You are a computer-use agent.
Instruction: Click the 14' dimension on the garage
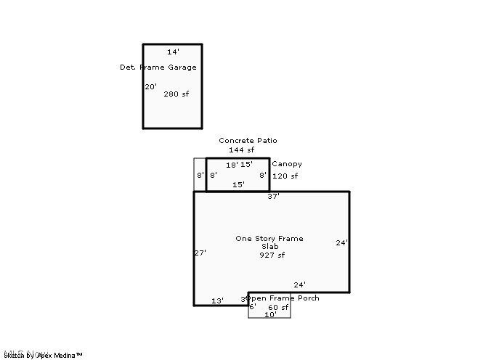point(173,52)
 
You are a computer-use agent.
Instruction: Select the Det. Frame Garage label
point(158,67)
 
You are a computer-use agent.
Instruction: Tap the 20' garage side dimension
point(151,86)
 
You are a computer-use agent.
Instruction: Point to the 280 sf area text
point(176,94)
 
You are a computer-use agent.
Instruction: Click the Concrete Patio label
point(248,141)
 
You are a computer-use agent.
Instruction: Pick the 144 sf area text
point(242,150)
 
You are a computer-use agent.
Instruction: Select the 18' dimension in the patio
point(232,165)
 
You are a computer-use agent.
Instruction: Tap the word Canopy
point(287,164)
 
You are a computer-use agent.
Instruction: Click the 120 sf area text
point(285,176)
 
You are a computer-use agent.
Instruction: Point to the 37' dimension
point(273,197)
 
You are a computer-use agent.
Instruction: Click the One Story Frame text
point(269,239)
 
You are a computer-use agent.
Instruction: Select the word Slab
point(269,247)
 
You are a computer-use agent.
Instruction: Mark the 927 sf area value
point(272,255)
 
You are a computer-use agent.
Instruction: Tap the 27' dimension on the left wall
point(200,253)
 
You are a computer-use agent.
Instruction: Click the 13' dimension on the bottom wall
point(217,300)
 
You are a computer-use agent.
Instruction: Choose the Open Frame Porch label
point(283,298)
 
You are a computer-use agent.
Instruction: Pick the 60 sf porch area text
point(278,308)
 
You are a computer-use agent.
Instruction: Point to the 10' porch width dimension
point(270,315)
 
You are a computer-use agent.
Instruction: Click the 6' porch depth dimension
point(253,307)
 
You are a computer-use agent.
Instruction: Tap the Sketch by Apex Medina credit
point(44,355)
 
